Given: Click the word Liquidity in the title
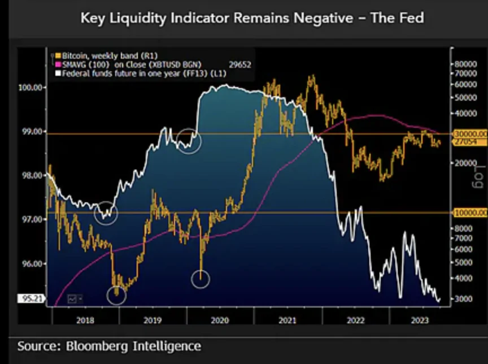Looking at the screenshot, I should [143, 18].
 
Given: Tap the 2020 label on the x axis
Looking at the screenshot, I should [220, 321].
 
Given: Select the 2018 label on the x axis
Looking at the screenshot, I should [84, 321].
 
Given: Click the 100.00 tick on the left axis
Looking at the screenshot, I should [32, 88].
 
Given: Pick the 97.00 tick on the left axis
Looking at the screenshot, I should [32, 219].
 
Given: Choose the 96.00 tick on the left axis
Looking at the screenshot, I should [32, 263].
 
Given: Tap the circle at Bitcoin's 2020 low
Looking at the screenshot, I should [201, 278].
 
